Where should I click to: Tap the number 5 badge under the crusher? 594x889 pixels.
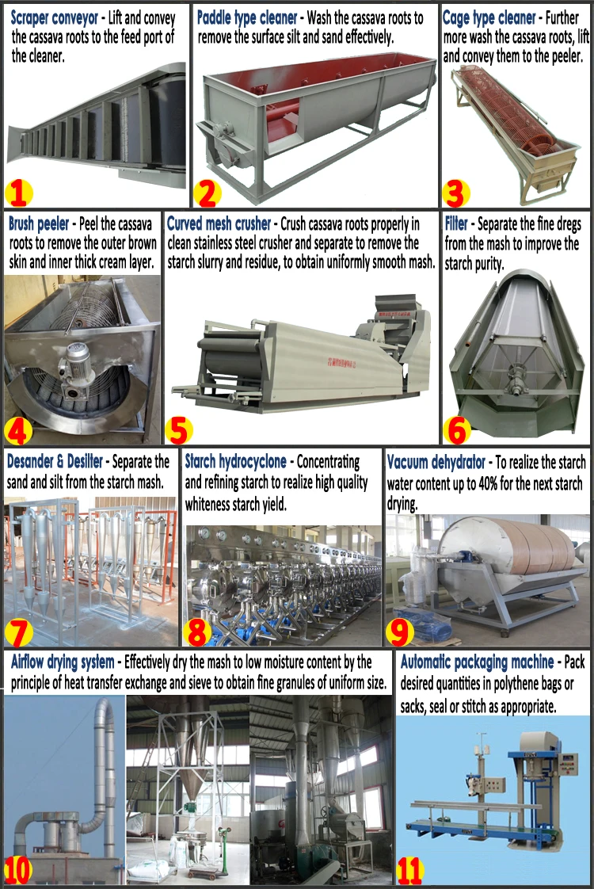tap(179, 429)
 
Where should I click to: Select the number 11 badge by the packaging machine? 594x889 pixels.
tap(409, 870)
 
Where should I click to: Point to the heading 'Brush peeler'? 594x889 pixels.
tap(38, 224)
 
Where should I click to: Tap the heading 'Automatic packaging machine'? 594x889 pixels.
tap(477, 662)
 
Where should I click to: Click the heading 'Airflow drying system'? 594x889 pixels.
tap(63, 662)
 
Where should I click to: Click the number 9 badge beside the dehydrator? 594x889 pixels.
tap(401, 631)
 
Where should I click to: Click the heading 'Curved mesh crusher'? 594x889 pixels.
tap(219, 224)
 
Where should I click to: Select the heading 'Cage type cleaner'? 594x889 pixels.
tap(489, 17)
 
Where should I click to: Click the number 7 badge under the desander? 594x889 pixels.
tap(19, 631)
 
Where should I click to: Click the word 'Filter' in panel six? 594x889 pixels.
tap(457, 224)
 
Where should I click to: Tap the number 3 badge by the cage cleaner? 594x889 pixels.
tap(455, 193)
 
